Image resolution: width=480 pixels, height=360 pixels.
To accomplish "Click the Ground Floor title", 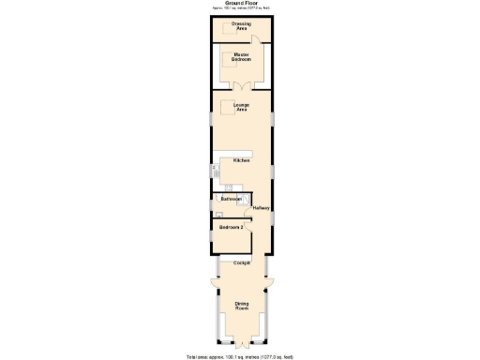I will point(241,4).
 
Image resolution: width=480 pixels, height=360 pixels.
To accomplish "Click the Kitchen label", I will point(241,160).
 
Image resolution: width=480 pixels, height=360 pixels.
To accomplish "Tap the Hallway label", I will point(261,208).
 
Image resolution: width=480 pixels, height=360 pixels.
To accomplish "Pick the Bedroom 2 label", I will point(232,228).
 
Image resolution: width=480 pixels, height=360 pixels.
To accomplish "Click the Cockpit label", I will point(241,262).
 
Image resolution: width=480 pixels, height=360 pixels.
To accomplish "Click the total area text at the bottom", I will point(240,355).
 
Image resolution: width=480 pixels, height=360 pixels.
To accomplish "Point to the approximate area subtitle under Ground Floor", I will point(241,9).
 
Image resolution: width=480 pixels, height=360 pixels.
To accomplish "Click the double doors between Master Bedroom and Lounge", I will point(241,87).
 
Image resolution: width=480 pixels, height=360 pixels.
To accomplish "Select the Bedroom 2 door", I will point(247,220).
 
